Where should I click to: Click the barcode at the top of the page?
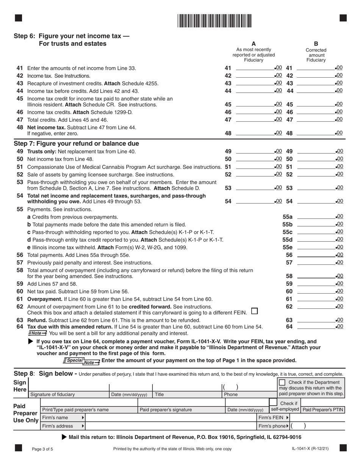coord(214,20)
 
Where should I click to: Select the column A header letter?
coord(254,44)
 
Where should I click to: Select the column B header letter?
coord(316,44)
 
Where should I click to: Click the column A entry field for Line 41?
coord(255,68)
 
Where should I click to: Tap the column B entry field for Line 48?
coord(316,133)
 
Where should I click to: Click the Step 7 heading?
coord(76,144)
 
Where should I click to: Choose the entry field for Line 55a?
coord(316,217)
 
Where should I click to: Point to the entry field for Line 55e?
coord(316,247)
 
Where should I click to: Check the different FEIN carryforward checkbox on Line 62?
coord(255,311)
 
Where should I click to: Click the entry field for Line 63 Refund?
coord(316,320)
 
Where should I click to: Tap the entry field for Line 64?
coord(316,326)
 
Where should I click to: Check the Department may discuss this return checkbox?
coord(282,383)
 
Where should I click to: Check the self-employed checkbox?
coord(273,402)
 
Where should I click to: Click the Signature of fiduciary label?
coord(53,394)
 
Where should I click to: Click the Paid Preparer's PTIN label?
coord(322,410)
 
